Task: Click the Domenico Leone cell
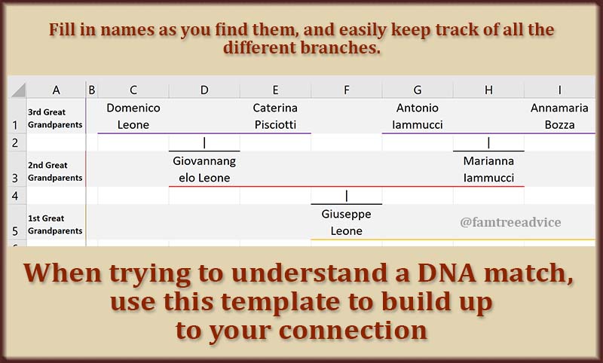[133, 116]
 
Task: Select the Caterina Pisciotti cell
[275, 116]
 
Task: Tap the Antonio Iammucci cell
[418, 116]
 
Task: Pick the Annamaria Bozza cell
[559, 116]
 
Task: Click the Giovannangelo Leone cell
[204, 169]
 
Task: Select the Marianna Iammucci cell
[488, 169]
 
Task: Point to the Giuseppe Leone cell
[347, 222]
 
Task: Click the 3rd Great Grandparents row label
[55, 118]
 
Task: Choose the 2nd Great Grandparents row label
[55, 172]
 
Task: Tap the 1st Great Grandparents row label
[55, 224]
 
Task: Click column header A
[56, 90]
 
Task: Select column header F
[347, 90]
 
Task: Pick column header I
[559, 90]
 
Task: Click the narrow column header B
[92, 90]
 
